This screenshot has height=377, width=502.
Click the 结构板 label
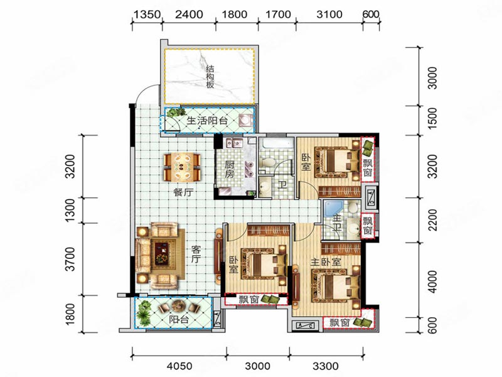(210, 77)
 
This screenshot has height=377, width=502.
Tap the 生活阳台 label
(207, 121)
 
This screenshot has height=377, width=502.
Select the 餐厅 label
(183, 192)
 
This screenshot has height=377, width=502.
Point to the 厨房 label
(229, 170)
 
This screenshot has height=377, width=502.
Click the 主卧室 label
(325, 262)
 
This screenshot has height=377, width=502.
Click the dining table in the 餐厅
(182, 167)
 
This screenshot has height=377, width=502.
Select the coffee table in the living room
(162, 253)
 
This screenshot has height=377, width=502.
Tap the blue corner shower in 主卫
(333, 209)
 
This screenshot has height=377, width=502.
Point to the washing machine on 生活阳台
(245, 121)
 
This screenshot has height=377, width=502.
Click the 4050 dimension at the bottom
(180, 366)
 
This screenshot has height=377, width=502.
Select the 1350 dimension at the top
(146, 14)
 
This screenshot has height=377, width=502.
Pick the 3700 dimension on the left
(70, 259)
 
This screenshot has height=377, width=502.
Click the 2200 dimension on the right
(432, 220)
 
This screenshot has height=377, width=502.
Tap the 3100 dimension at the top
(329, 14)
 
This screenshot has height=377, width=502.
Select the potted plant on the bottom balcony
(144, 311)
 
